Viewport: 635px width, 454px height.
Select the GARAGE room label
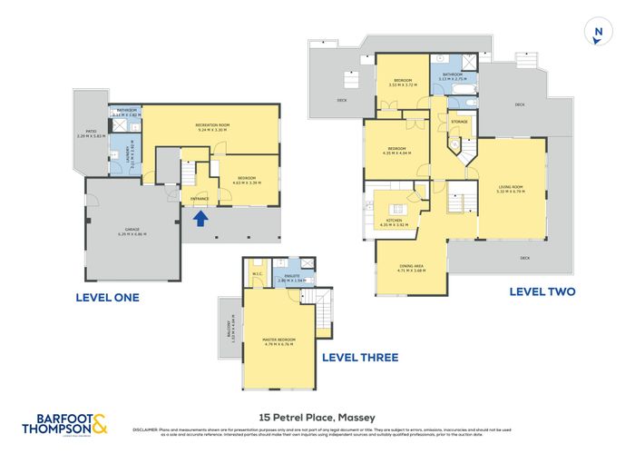click(132, 232)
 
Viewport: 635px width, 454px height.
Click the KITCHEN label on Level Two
click(394, 221)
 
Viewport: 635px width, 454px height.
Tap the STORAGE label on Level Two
click(459, 121)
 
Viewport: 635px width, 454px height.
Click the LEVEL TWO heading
click(542, 291)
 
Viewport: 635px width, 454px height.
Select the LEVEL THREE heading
click(360, 357)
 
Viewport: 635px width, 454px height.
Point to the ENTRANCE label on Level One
click(200, 198)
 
